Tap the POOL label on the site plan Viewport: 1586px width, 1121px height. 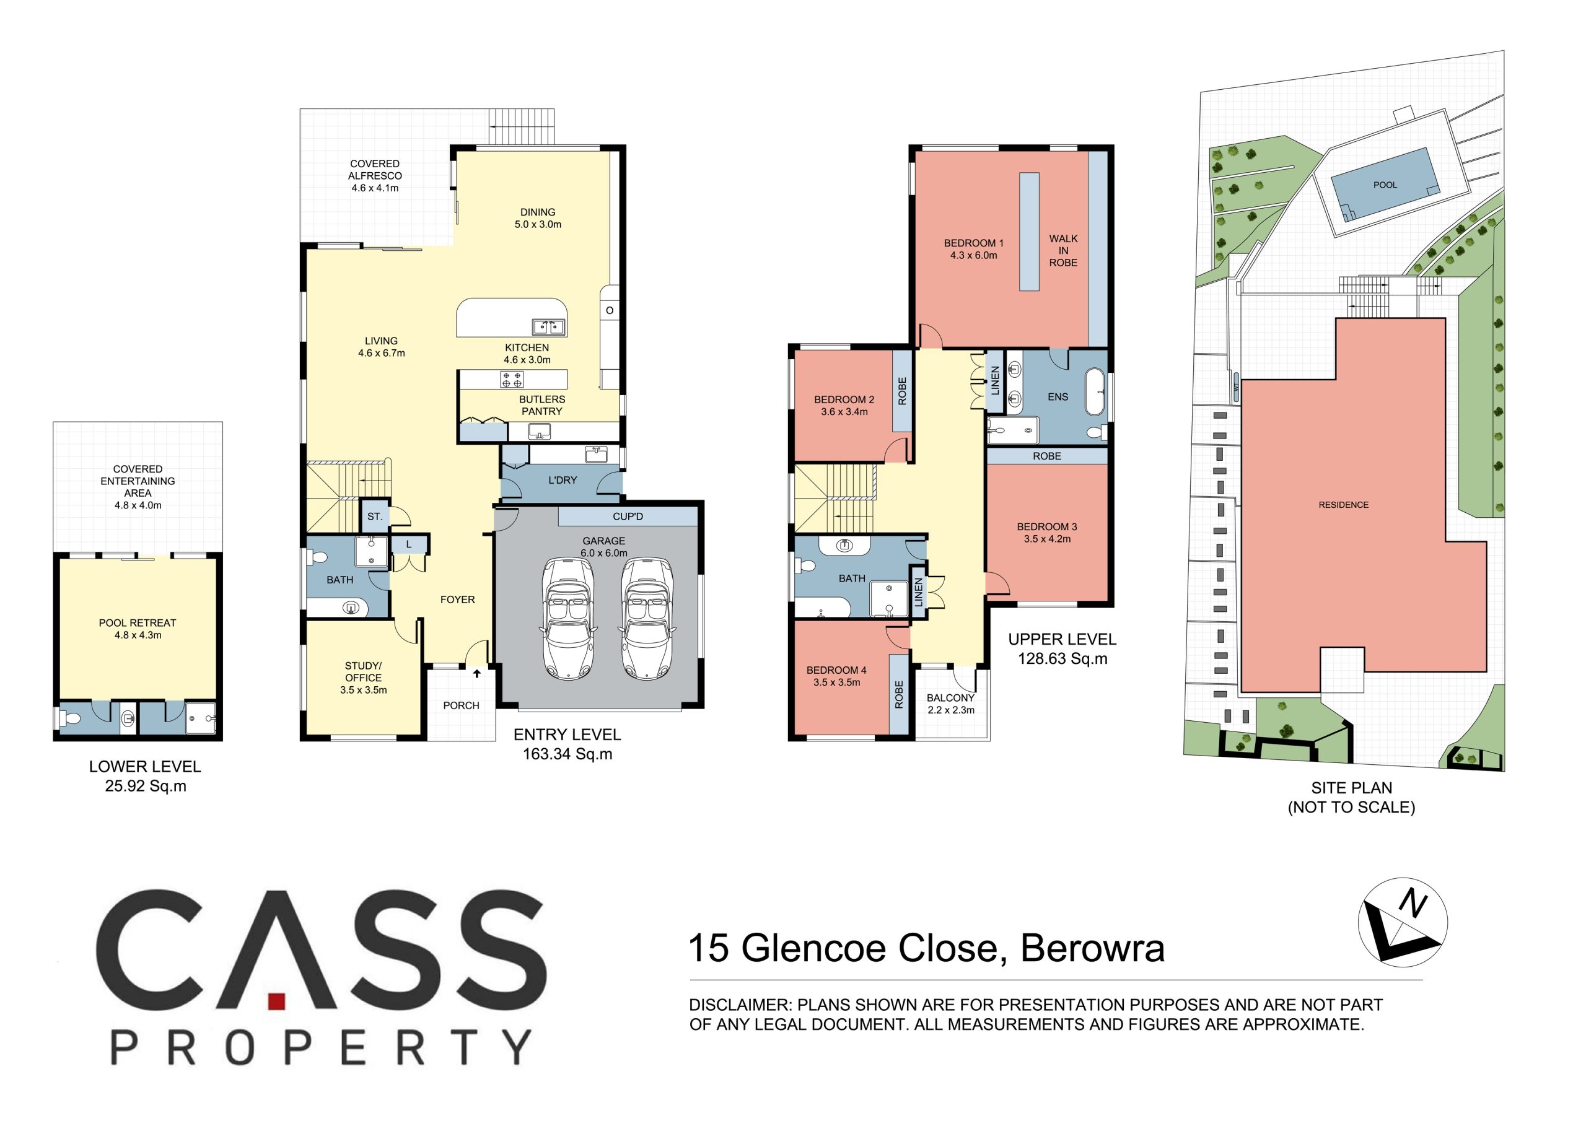(x=1385, y=185)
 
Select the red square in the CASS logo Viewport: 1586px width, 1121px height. (x=277, y=1002)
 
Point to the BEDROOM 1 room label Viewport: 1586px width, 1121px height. (x=973, y=243)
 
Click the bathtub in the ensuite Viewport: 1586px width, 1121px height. (x=1094, y=391)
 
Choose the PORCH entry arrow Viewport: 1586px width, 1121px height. (x=476, y=673)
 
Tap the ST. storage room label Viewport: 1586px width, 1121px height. (x=374, y=517)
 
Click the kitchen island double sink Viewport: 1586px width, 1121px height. (x=548, y=326)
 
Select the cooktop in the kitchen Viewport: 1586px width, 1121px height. (x=512, y=379)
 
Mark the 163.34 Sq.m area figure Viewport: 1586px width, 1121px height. (x=567, y=754)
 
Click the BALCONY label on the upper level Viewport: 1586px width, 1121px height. (x=950, y=697)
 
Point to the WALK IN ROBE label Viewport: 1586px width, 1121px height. (x=1063, y=251)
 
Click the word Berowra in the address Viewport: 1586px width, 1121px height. (x=1093, y=948)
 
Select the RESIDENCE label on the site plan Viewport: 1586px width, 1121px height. (x=1344, y=505)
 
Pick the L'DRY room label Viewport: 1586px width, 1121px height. (x=563, y=480)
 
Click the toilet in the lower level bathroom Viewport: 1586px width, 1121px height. (x=70, y=719)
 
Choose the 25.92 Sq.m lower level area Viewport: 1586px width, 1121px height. (x=146, y=786)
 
